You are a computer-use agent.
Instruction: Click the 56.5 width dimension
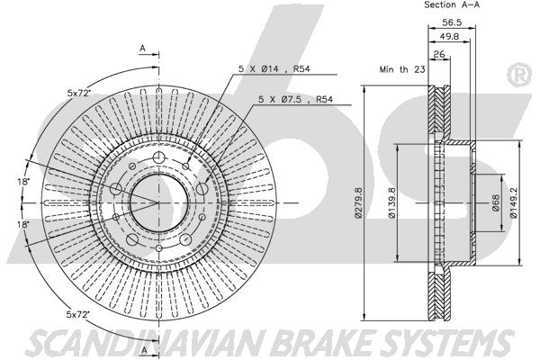[x=452, y=22]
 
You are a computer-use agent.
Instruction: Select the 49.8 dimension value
[x=450, y=36]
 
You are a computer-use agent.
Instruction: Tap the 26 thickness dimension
[x=439, y=54]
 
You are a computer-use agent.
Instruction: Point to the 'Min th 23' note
[x=402, y=69]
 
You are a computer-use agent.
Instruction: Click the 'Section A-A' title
[x=452, y=4]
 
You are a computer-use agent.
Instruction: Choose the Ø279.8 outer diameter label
[x=358, y=202]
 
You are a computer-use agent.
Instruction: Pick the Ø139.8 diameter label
[x=391, y=202]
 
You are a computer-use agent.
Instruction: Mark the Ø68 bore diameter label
[x=496, y=202]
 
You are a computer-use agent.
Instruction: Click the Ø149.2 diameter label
[x=514, y=202]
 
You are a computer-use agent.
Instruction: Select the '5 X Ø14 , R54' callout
[x=274, y=69]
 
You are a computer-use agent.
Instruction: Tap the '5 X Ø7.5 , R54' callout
[x=295, y=100]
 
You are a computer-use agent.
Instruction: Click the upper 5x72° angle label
[x=78, y=93]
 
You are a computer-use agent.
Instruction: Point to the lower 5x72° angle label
[x=77, y=314]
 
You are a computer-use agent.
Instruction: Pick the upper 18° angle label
[x=23, y=182]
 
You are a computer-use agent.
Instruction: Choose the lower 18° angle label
[x=23, y=225]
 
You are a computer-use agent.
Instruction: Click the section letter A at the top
[x=142, y=49]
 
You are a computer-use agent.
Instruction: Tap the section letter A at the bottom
[x=144, y=350]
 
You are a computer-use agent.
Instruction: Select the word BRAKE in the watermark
[x=323, y=342]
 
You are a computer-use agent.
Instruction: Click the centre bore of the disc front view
[x=158, y=202]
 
